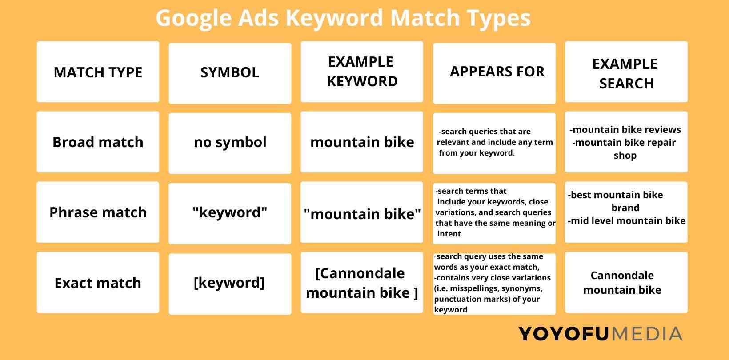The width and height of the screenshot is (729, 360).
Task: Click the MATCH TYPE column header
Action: (x=98, y=72)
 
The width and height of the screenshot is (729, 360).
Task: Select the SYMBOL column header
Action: (x=230, y=73)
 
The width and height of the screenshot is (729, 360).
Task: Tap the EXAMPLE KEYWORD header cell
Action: (x=362, y=72)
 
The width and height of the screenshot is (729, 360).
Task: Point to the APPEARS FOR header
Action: (x=494, y=73)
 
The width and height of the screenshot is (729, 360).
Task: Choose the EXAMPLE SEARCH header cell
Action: (x=626, y=72)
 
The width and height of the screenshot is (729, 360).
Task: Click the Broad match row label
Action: (x=98, y=142)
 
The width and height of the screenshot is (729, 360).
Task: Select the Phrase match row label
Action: (x=98, y=212)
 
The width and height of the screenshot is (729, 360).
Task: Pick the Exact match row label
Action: (x=98, y=283)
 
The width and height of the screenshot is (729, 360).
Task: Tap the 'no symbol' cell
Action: (x=230, y=143)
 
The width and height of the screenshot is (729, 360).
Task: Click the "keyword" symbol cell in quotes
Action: (x=230, y=213)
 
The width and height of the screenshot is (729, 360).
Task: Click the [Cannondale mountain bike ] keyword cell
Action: (x=362, y=283)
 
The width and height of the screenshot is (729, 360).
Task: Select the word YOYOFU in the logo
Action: (x=563, y=334)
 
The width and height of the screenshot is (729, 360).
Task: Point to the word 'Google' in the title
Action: (x=194, y=19)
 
